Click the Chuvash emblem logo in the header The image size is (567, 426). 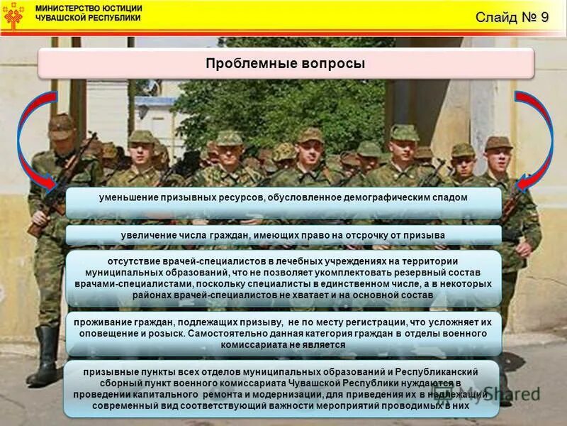coord(13,14)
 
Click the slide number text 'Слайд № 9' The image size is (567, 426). coord(512,17)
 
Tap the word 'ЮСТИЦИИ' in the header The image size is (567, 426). coord(122,9)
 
